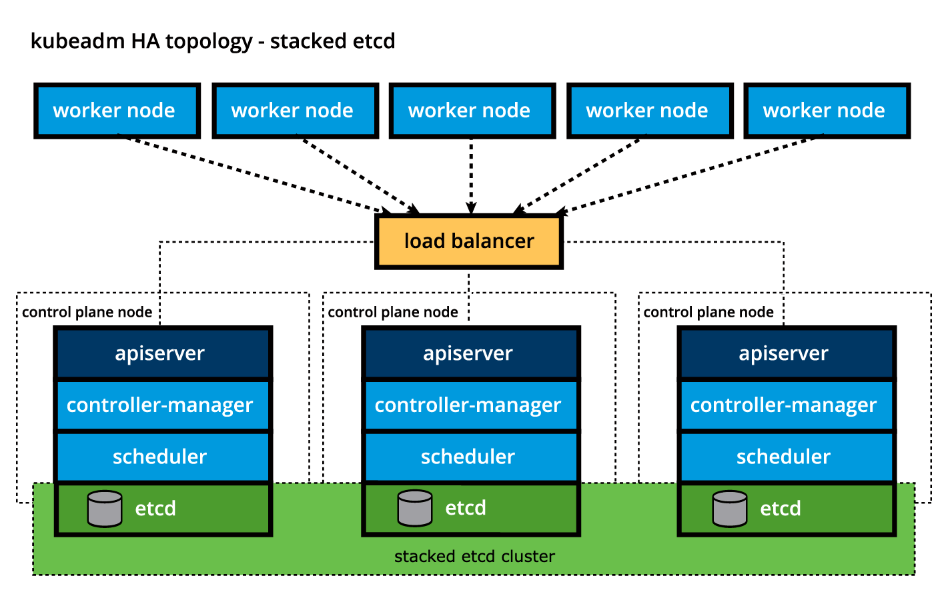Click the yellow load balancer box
click(469, 241)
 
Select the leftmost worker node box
click(117, 111)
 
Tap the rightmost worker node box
click(827, 111)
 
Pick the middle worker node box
click(472, 111)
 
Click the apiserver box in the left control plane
click(163, 353)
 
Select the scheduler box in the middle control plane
click(470, 457)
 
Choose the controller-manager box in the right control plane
click(787, 405)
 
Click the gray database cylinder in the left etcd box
click(105, 509)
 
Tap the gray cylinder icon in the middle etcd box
click(414, 508)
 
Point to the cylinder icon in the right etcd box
click(729, 509)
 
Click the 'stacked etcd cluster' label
click(474, 557)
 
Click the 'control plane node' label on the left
click(87, 312)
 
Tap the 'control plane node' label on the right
click(708, 312)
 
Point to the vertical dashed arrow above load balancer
click(471, 175)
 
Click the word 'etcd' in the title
click(374, 41)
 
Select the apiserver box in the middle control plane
click(470, 353)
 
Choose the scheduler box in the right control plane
click(787, 457)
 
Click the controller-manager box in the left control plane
click(163, 405)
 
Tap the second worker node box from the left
click(295, 111)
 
